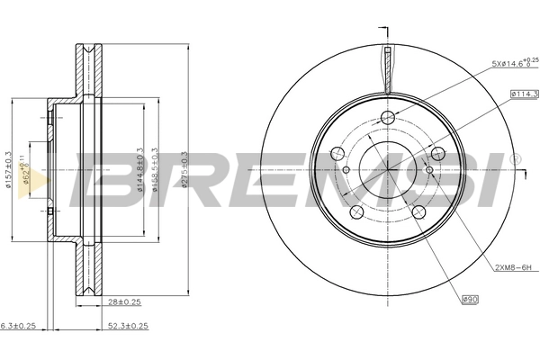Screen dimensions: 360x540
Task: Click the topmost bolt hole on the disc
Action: (388, 118)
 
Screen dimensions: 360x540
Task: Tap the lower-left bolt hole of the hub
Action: (357, 211)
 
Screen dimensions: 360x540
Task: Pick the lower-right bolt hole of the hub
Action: (418, 211)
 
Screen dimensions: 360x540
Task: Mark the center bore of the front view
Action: (388, 166)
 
